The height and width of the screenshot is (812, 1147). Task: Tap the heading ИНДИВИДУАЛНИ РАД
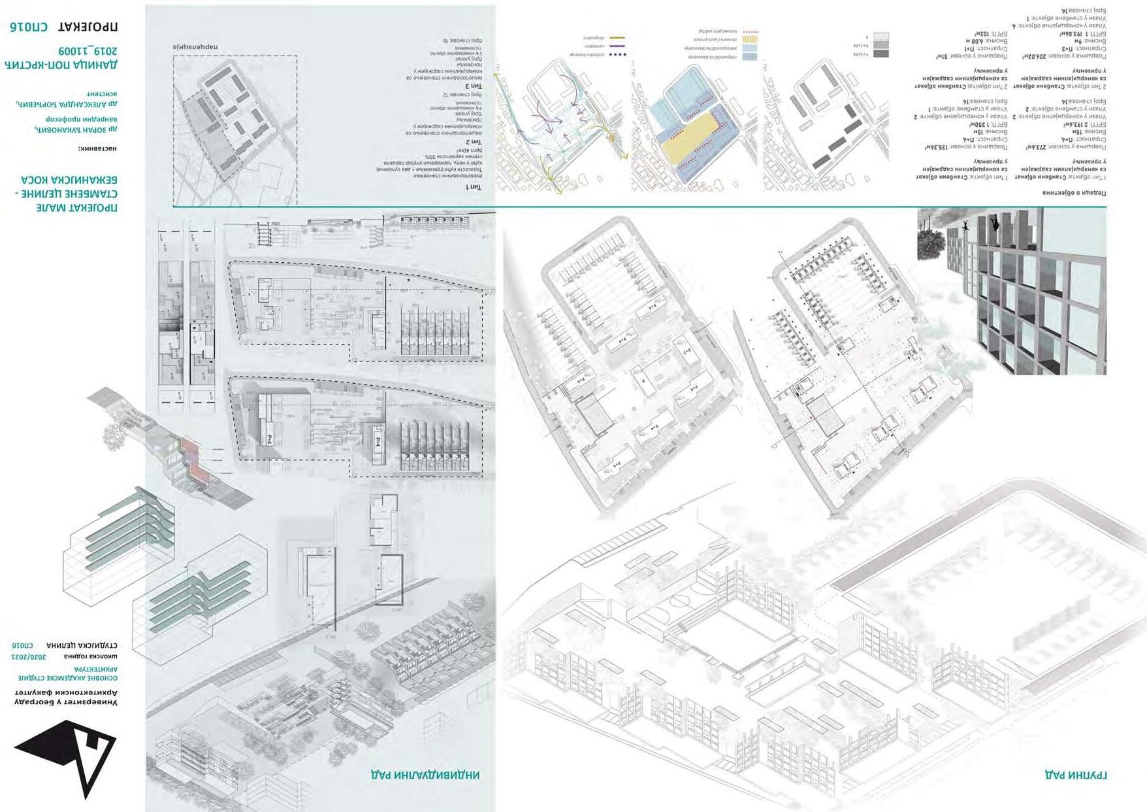(425, 775)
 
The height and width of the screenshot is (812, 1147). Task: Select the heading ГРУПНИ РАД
(1075, 775)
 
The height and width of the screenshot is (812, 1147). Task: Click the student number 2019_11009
(88, 51)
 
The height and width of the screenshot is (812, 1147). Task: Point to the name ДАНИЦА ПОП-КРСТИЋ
(61, 65)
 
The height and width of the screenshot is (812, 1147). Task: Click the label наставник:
(98, 148)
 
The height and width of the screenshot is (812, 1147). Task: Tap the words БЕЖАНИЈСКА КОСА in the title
(69, 180)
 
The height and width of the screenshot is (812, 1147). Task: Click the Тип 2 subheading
(474, 141)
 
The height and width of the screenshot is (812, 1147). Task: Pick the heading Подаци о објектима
(1074, 193)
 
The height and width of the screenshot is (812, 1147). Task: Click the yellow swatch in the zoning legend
(749, 40)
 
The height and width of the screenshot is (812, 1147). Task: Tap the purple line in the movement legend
(617, 46)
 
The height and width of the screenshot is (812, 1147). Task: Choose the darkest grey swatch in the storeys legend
(880, 54)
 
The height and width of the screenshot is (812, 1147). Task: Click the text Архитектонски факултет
(66, 692)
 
